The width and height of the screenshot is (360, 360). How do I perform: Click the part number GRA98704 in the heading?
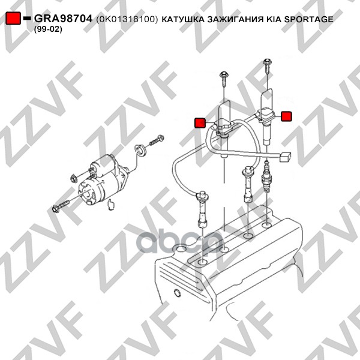point(63,19)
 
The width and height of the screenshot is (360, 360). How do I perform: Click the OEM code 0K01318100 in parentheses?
point(127,19)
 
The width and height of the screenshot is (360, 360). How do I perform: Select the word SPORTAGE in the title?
point(308,19)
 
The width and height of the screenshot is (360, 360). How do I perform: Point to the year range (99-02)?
point(48,29)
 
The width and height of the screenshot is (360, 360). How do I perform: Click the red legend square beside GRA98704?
point(13,17)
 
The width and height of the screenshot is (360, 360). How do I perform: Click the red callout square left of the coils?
point(200,122)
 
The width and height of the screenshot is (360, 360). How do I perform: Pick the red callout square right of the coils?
point(286,116)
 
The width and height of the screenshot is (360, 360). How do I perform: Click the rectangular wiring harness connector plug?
point(285,157)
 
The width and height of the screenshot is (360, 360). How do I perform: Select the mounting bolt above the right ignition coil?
point(268,66)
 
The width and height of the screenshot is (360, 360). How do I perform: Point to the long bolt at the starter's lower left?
point(61,206)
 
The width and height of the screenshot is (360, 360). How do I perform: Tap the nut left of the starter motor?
point(74,178)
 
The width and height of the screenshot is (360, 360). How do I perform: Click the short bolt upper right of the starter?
point(157,140)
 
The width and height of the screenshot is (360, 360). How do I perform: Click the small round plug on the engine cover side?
point(177,293)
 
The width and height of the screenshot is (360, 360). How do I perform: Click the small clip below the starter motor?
point(111,205)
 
